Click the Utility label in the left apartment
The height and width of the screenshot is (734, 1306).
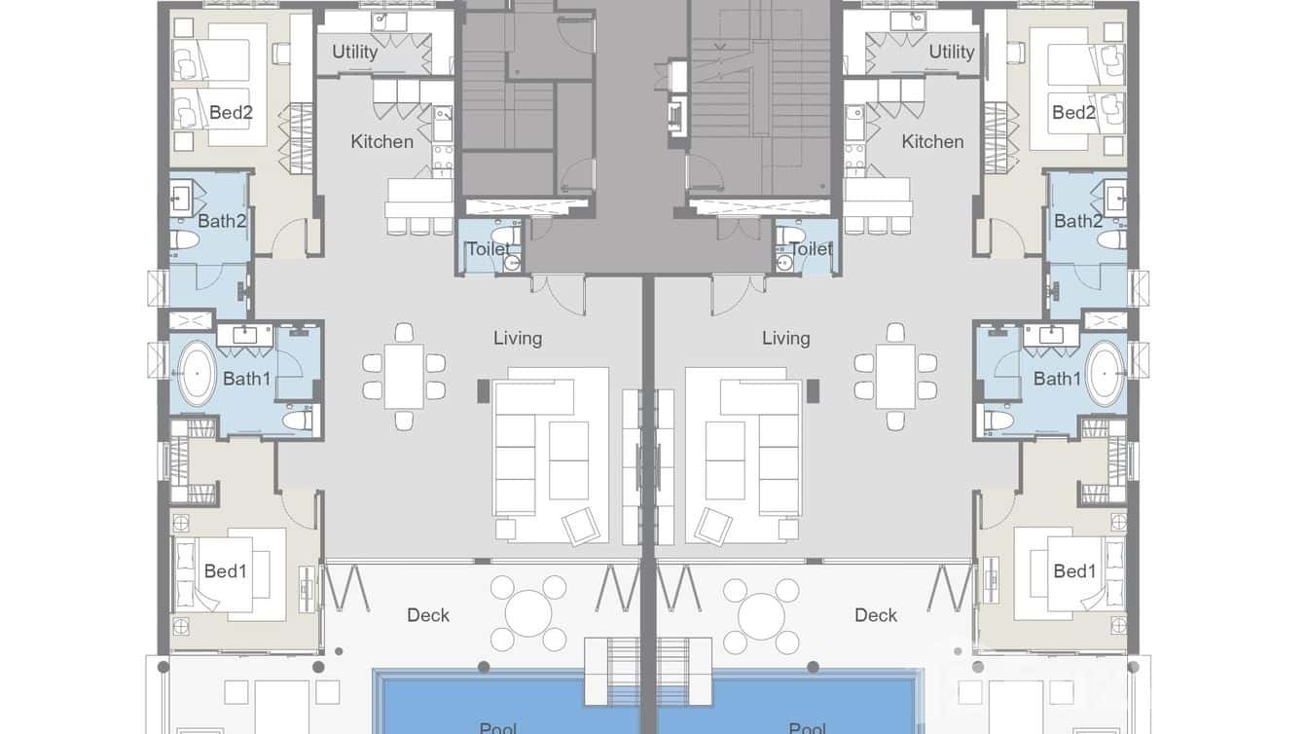354,52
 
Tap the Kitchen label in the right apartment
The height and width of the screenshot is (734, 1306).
932,142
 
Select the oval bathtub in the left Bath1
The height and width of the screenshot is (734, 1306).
197,373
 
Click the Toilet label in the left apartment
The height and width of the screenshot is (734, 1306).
488,249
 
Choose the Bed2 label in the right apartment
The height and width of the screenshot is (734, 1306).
1073,113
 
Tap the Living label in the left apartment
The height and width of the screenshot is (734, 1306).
518,339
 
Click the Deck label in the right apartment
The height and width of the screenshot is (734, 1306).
876,615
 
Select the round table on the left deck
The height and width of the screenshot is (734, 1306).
528,614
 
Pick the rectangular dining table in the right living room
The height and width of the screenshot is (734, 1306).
895,377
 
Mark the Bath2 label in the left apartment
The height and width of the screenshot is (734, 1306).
222,221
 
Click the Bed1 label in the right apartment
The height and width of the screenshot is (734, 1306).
1074,571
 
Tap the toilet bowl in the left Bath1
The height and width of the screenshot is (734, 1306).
297,420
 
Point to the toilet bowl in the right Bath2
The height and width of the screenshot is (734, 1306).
1111,239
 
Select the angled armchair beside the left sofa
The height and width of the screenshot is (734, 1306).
582,526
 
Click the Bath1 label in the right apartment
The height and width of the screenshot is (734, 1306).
1057,379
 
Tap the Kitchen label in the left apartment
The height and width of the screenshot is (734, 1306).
381,142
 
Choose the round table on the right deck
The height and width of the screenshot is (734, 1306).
761,614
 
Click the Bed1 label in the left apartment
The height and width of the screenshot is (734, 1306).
225,571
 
